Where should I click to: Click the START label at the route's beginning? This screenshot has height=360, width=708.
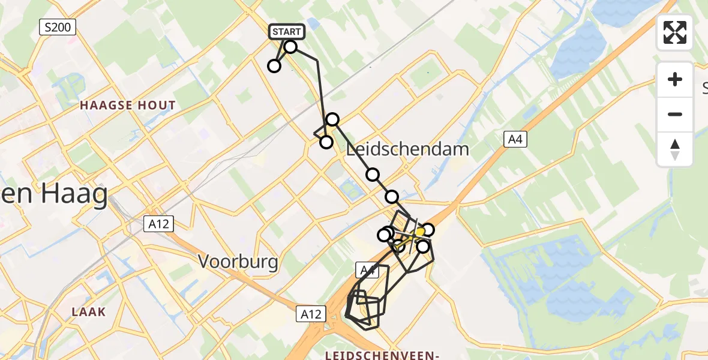point(287,32)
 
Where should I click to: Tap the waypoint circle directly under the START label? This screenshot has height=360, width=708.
point(290,47)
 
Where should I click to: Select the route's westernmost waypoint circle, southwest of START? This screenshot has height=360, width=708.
point(274,66)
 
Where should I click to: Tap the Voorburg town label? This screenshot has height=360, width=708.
point(239,262)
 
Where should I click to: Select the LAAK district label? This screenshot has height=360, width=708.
point(88,311)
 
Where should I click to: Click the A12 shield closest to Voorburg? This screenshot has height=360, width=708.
point(159,224)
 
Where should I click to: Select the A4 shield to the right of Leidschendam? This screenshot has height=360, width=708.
point(514,140)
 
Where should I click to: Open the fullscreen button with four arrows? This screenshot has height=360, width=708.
point(675,32)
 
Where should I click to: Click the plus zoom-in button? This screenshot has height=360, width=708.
point(675,79)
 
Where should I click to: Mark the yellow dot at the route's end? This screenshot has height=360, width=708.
point(420,232)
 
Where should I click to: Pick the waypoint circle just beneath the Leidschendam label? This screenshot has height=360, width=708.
point(373,175)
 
